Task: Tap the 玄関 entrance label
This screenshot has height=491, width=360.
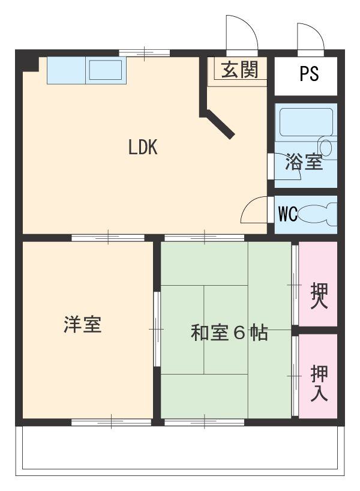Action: pos(239,70)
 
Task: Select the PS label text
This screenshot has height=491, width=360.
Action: pos(309,74)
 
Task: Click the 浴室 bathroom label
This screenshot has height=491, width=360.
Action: pos(304,161)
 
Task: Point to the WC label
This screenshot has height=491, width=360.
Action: pos(287,214)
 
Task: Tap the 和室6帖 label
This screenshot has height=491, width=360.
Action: pos(229,333)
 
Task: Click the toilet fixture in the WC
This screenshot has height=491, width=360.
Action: pos(317,214)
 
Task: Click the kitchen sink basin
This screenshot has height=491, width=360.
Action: pos(106,71)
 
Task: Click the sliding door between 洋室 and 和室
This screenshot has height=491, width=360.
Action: pos(157,328)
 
